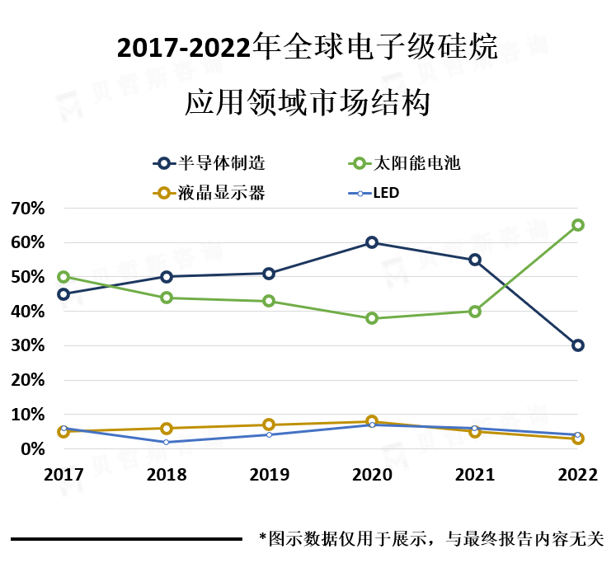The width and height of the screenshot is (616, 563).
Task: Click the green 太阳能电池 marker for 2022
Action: [x=577, y=225]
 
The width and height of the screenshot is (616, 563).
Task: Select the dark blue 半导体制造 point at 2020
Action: [x=372, y=242]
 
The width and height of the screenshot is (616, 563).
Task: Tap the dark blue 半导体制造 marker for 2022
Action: [x=577, y=345]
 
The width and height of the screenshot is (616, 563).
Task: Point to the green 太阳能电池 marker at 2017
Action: [x=63, y=277]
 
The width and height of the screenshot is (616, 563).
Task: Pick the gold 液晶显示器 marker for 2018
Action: [x=167, y=428]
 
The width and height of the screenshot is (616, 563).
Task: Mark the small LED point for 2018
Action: [x=167, y=442]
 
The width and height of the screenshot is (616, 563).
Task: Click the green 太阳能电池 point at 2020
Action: [x=372, y=318]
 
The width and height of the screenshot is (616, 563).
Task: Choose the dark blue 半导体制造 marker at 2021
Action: [x=474, y=260]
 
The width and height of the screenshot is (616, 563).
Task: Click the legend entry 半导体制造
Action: [x=209, y=163]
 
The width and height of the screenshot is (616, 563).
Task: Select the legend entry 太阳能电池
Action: [x=404, y=163]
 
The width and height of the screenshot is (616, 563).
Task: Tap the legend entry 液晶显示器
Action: [x=209, y=193]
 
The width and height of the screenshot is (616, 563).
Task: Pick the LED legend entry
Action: [x=374, y=193]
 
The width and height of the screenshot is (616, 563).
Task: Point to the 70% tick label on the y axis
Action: [x=27, y=209]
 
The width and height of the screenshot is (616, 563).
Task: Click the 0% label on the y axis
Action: [x=33, y=448]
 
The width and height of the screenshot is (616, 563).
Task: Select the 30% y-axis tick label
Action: [x=27, y=345]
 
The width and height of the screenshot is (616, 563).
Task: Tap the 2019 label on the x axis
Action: [x=269, y=475]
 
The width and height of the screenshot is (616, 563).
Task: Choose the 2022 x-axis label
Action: [x=577, y=475]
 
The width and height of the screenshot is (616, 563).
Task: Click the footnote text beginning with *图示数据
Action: [x=431, y=538]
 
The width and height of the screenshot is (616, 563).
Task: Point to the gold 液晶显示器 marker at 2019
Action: [x=269, y=425]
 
